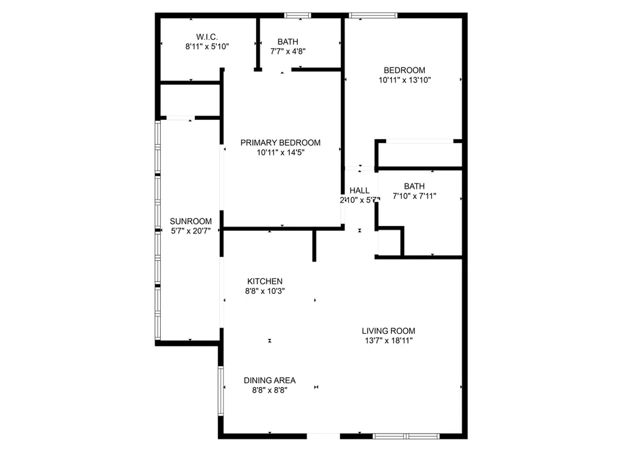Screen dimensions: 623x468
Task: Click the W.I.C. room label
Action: pos(207,37)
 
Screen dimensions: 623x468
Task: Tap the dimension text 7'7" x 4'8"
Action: pos(288,51)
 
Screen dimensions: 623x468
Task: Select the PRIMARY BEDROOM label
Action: pos(280,142)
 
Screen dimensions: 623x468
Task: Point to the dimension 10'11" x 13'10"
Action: pos(404,80)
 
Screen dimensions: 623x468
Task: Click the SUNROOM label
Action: pos(191,222)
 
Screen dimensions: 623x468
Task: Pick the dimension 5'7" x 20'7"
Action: pos(191,231)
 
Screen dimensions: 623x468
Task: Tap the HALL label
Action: pos(359,190)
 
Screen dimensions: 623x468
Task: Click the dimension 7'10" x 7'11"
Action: pos(414,196)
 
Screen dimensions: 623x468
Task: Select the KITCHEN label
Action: pos(265,281)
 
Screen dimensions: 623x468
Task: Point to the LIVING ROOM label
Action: pos(389,331)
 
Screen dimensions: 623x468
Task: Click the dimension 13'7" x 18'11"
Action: pos(389,341)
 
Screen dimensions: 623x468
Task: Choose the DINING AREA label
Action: pos(270,381)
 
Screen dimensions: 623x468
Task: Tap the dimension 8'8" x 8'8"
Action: pos(270,390)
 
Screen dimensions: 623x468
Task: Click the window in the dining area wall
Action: pos(221,391)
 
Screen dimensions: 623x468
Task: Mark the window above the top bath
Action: pos(298,16)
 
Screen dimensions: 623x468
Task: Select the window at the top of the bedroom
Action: pos(373,16)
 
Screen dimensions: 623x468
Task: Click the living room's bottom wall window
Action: pos(406,436)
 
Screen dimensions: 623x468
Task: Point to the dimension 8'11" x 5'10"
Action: pos(207,47)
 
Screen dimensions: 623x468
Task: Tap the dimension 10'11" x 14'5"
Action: pos(280,152)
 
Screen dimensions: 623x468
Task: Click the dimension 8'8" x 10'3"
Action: pos(265,291)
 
